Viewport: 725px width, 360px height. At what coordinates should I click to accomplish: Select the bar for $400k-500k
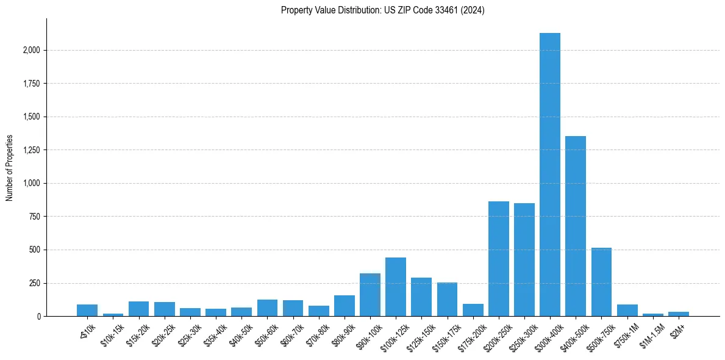tap(575, 226)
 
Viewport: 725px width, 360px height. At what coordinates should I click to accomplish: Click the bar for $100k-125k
tap(396, 287)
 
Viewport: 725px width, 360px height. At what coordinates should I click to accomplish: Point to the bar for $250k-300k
tap(524, 260)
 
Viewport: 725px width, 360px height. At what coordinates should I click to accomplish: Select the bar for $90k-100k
tap(370, 295)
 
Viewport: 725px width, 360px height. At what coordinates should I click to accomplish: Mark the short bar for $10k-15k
tap(113, 314)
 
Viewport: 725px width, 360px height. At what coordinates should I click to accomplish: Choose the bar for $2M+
tap(678, 314)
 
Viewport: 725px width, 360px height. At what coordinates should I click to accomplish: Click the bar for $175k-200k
tap(473, 310)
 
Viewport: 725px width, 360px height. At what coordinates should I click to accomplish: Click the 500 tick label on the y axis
tap(35, 250)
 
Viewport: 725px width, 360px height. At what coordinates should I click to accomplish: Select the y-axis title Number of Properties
tap(9, 168)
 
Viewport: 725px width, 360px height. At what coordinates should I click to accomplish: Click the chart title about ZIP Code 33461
tap(382, 10)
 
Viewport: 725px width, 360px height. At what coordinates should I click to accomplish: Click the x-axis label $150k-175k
tap(445, 335)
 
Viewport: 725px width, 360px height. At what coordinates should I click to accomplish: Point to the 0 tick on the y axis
tap(39, 317)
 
